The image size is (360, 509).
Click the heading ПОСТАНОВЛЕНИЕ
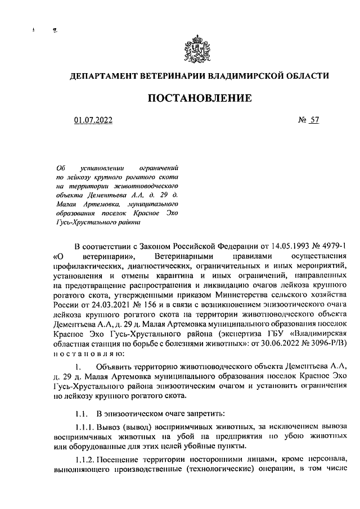[199, 98]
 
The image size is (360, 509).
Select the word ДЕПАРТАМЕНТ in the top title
[101, 75]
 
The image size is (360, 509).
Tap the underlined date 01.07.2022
[93, 119]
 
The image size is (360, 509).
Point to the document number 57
[314, 119]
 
